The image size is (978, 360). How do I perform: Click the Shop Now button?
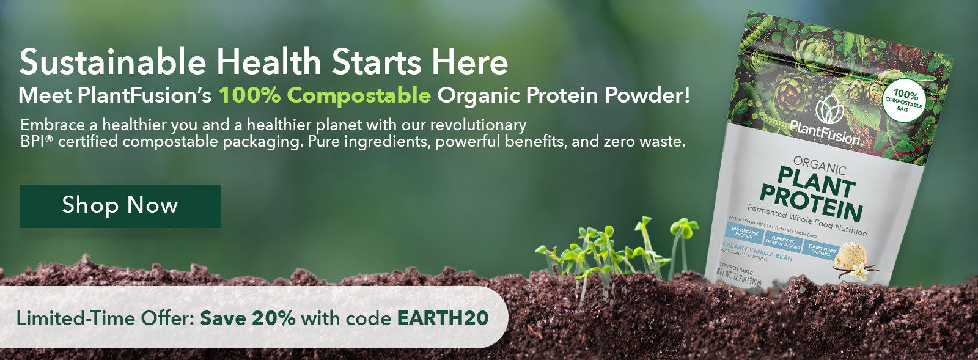pos(120,206)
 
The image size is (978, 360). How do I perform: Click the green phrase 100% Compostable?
pos(325,95)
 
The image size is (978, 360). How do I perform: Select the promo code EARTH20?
pos(443,318)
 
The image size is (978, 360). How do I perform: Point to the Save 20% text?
pos(248,318)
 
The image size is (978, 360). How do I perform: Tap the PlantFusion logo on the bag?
pos(825,122)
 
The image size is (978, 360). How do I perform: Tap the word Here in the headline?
pos(469,62)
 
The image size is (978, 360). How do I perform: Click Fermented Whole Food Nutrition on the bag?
pos(806,219)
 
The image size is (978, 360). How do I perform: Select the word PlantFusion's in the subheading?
pos(145,95)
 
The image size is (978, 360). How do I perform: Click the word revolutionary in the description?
pos(478,125)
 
